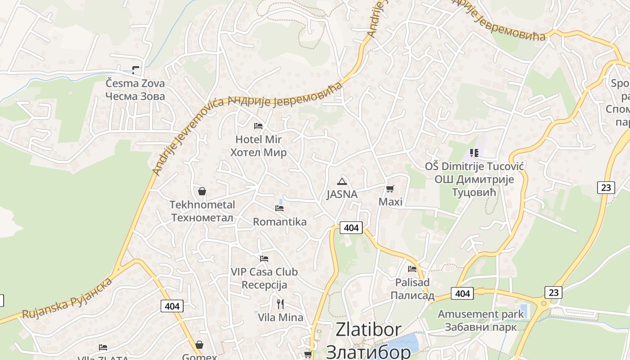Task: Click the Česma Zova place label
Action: coord(135,83)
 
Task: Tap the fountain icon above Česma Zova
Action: coord(135,70)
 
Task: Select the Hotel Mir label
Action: coord(258,139)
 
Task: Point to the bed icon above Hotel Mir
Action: coord(258,126)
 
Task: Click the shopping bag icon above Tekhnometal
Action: coord(202,191)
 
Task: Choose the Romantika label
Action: coord(279,222)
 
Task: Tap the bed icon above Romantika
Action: coord(279,208)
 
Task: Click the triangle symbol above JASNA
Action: coord(342,181)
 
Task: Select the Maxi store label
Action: coord(390,202)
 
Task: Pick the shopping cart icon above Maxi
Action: coord(390,189)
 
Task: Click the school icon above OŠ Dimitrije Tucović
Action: coord(474,153)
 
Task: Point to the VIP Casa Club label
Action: coord(264,272)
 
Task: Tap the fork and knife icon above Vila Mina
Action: coord(280,304)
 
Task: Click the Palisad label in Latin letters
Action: coord(412,283)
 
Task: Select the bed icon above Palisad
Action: coord(412,269)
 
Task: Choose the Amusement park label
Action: coord(481,314)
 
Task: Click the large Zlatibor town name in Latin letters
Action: coord(369,329)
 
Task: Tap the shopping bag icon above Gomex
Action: coord(199,345)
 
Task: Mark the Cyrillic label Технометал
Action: coord(202,218)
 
